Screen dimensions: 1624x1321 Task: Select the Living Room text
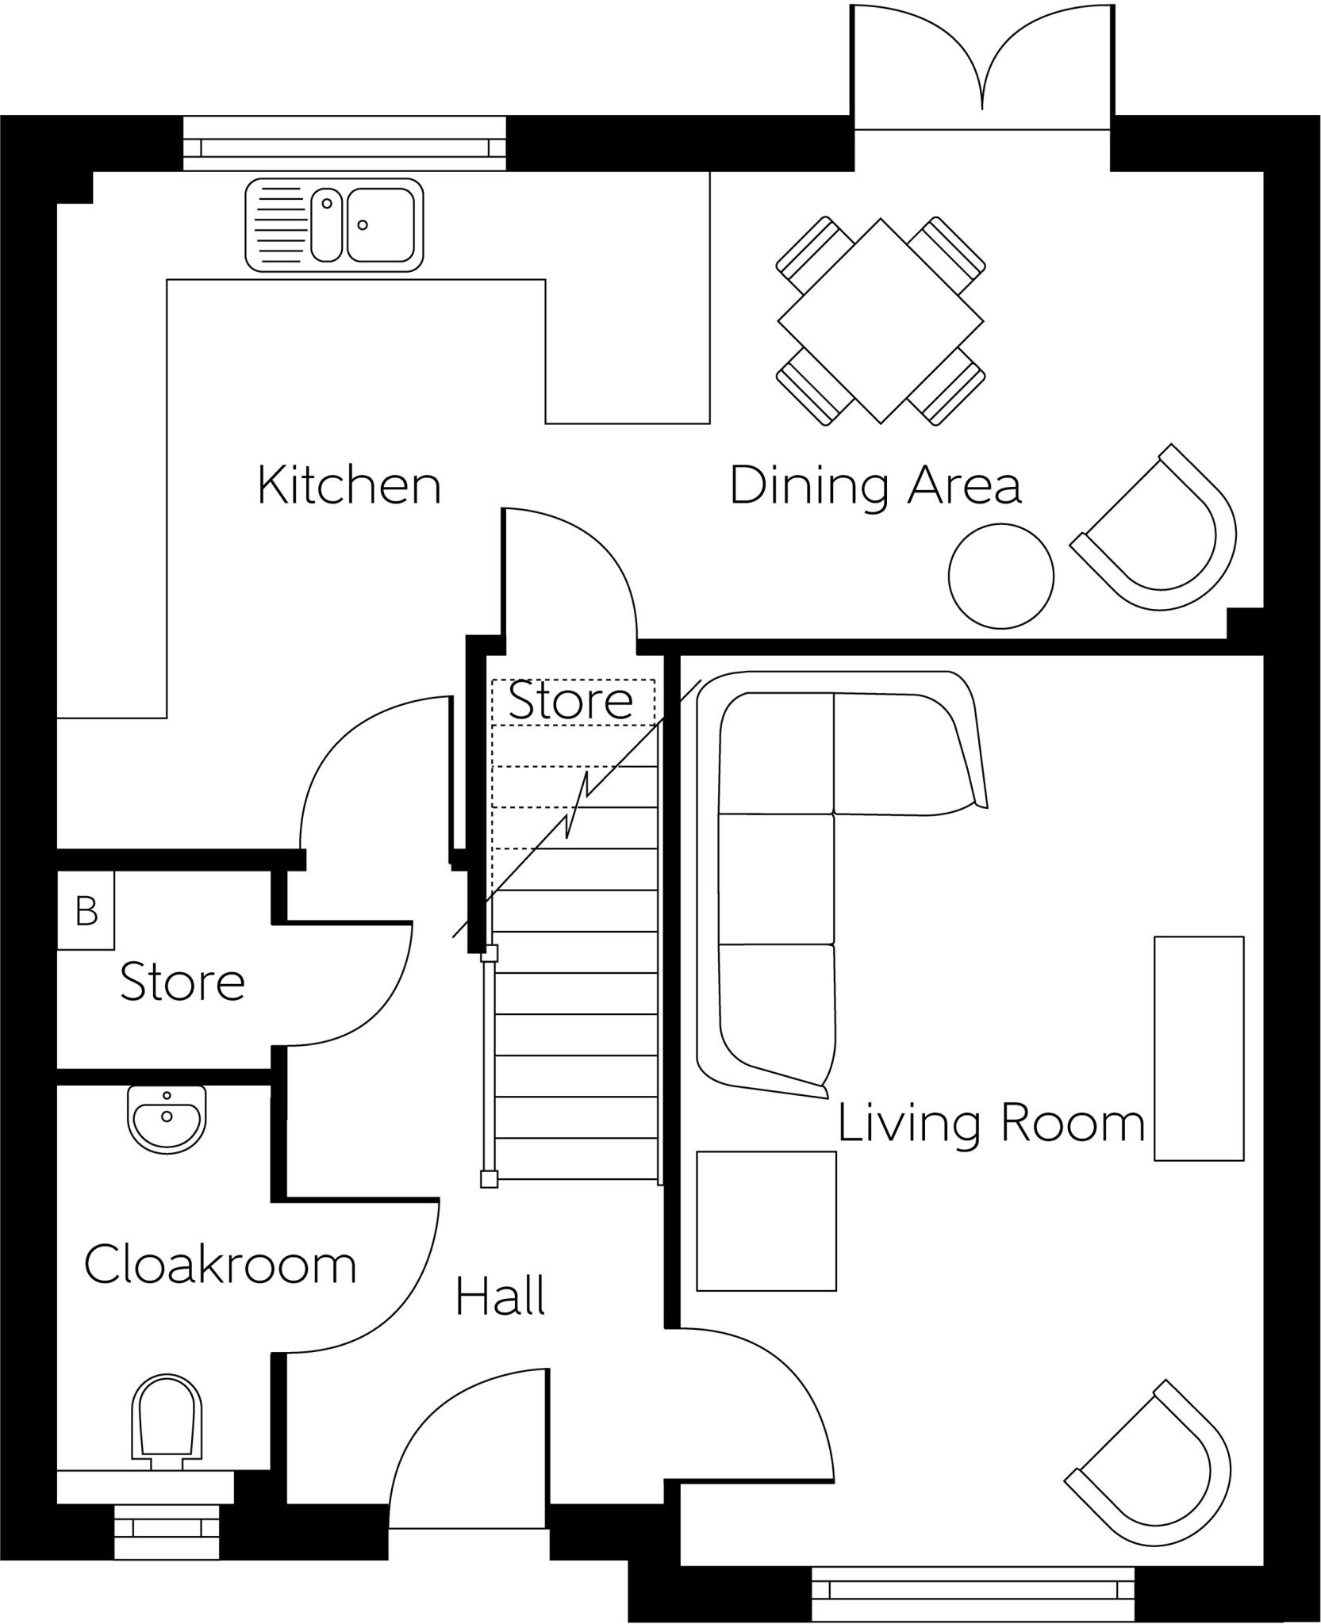point(991,1124)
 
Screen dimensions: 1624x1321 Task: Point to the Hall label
point(500,1297)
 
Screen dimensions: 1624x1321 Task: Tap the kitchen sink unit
point(333,224)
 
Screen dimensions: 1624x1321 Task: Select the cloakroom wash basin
point(167,1118)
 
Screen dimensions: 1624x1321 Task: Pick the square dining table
point(881,321)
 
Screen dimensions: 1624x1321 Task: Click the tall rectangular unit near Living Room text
point(1198,1048)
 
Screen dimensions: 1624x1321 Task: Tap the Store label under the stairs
point(570,701)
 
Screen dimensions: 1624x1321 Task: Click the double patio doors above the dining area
point(982,67)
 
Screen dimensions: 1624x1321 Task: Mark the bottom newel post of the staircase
point(490,1179)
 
